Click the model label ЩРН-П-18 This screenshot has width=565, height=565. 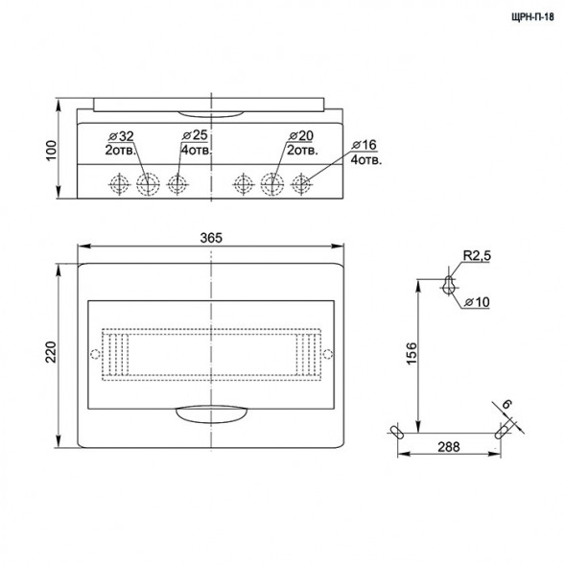point(532,17)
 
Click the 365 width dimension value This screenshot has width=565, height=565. point(211,238)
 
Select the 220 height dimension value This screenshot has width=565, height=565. point(51,352)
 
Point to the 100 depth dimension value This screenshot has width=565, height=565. point(52,151)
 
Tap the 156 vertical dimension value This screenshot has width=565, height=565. point(412,354)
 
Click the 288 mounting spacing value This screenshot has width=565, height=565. point(449,447)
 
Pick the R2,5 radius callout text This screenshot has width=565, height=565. point(477,256)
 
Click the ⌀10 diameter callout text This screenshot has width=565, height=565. point(477,302)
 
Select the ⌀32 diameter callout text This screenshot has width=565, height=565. point(121,136)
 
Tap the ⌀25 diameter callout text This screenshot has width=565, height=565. point(195,135)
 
